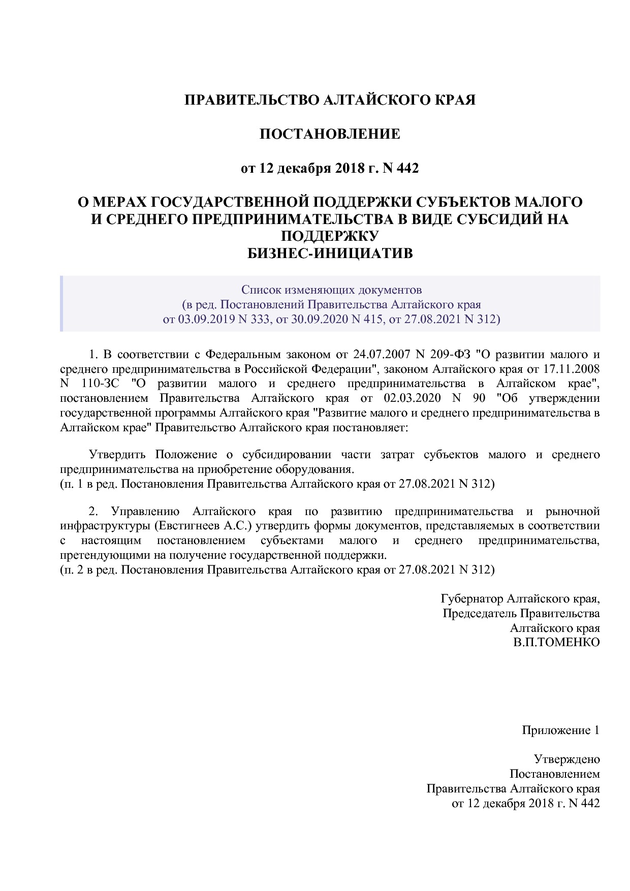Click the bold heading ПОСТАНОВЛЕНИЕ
coord(330,134)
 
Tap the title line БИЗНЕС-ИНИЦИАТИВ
coord(330,253)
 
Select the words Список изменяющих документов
coord(331,290)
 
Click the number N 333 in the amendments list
coord(254,319)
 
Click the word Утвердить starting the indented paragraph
coord(117,454)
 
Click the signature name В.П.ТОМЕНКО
coord(556,643)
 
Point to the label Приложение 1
coord(561,730)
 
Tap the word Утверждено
coord(567,760)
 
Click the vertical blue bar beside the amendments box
coord(61,304)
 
